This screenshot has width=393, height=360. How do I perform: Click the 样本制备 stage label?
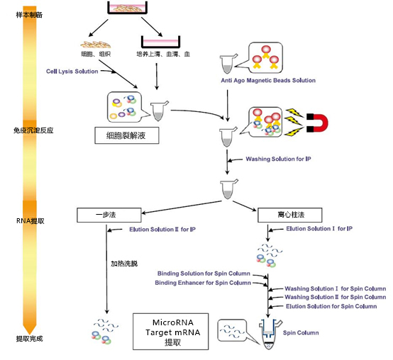(29, 15)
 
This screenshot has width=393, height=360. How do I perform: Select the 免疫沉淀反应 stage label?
(34, 130)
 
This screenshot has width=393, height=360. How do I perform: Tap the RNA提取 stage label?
(31, 221)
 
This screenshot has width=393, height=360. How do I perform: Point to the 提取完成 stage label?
(29, 339)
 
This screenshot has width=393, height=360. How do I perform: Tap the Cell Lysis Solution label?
(73, 71)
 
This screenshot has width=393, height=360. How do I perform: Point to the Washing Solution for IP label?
(277, 159)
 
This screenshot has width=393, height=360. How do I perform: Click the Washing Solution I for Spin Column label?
(335, 288)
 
